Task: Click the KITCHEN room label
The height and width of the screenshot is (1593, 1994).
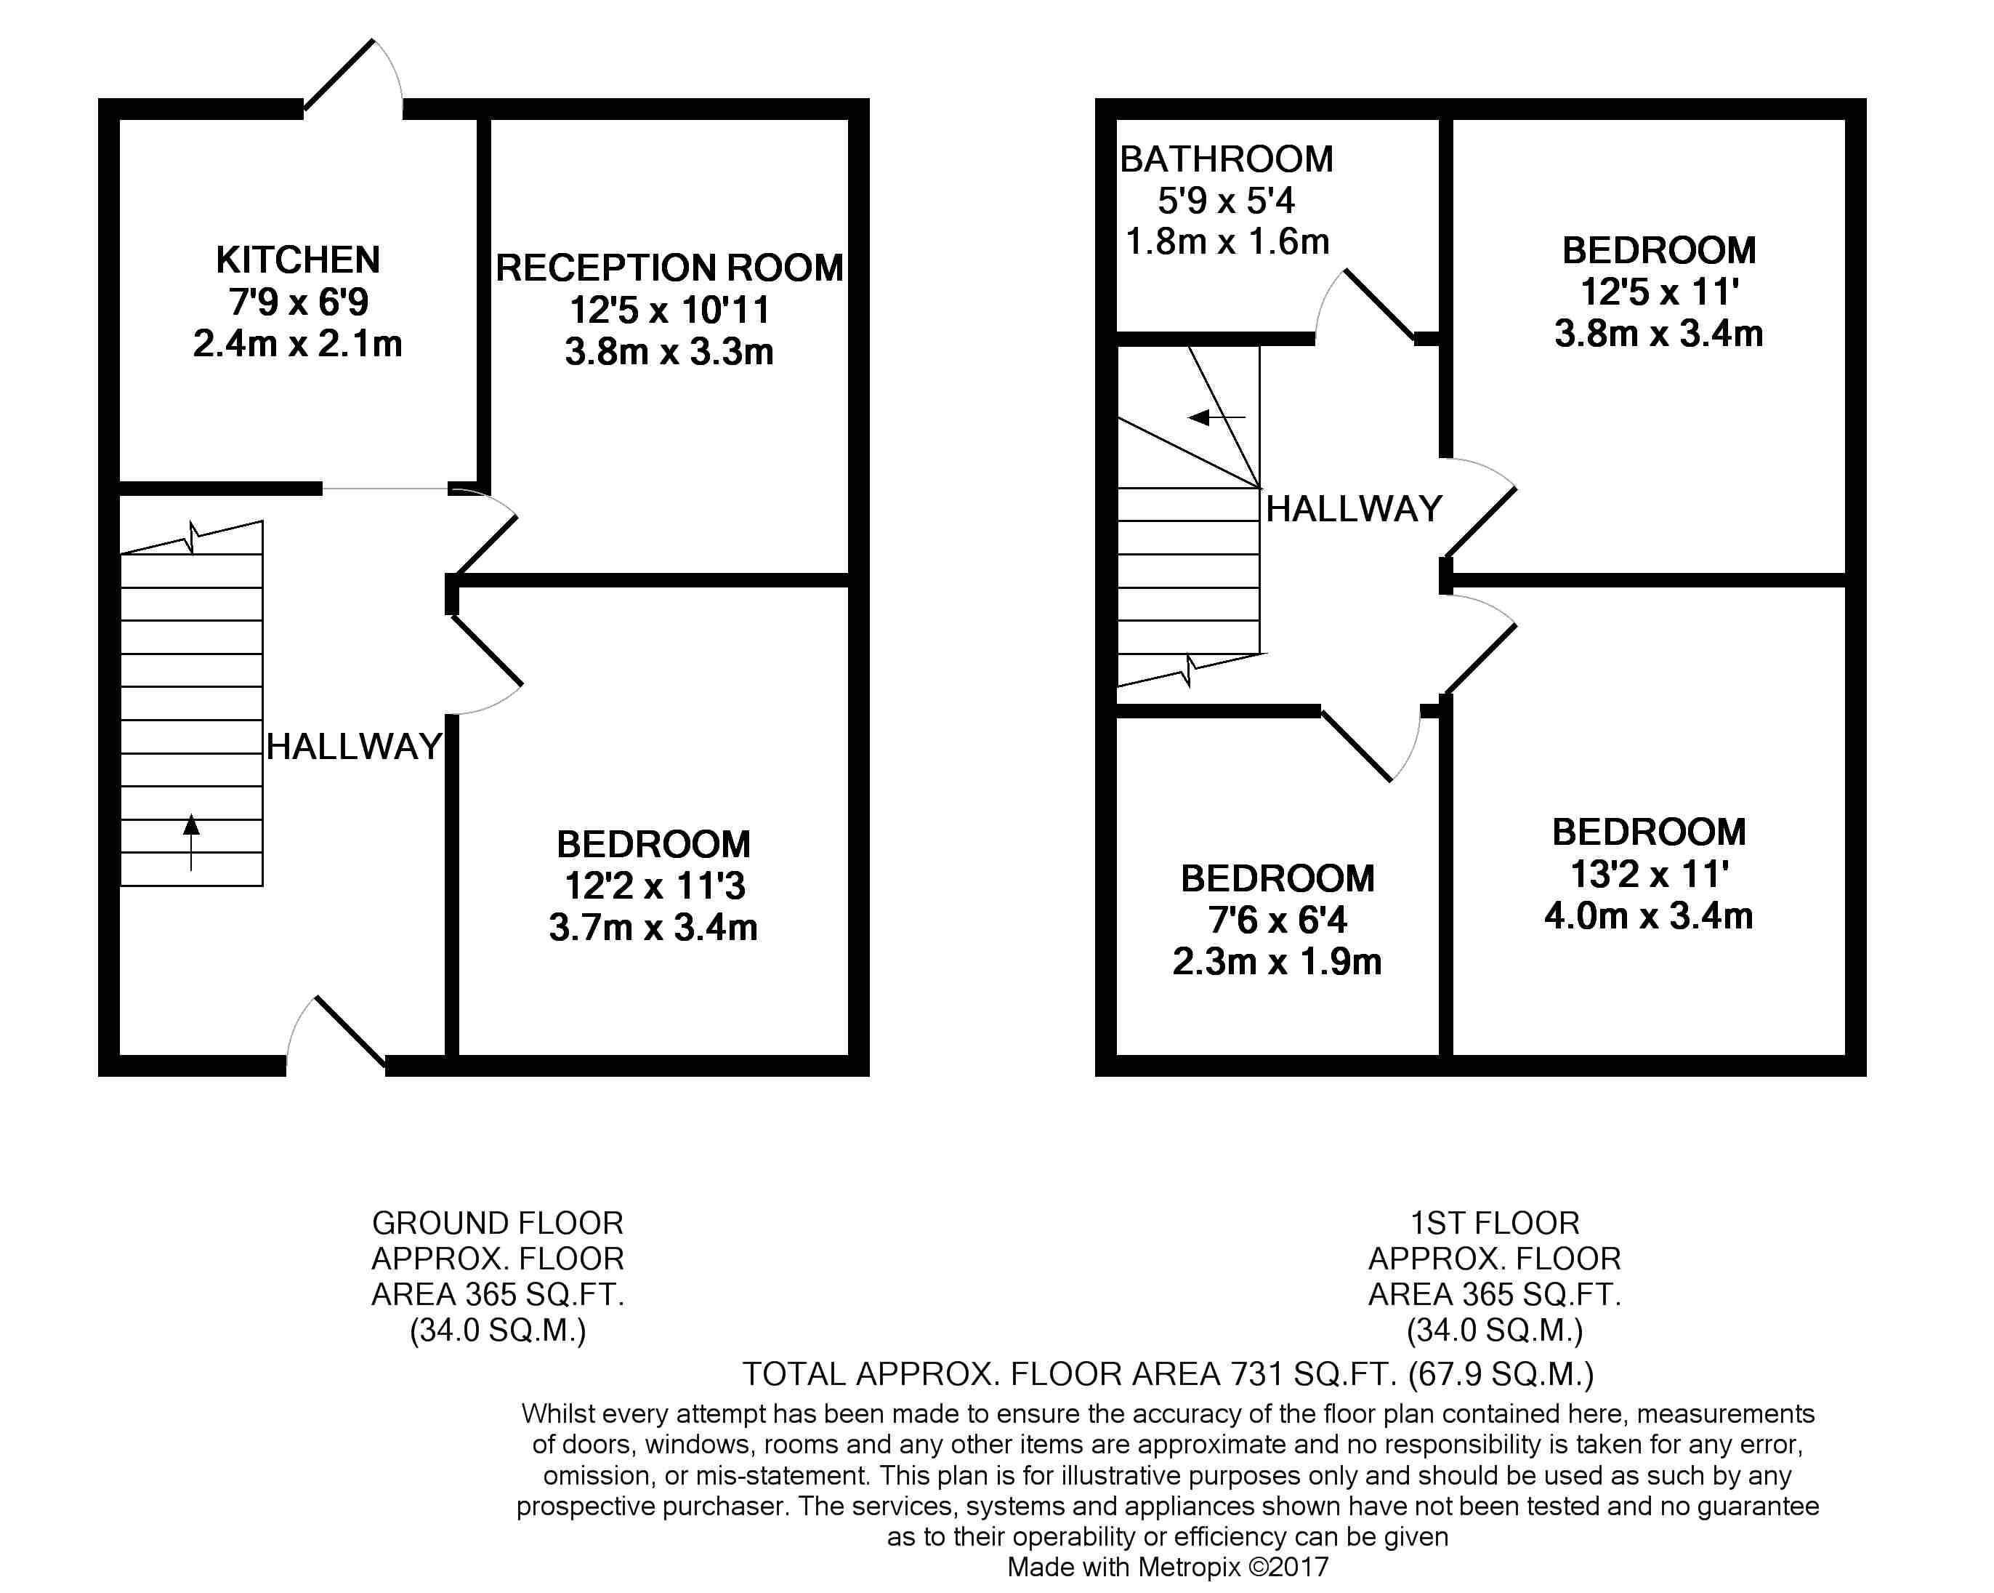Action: coord(298,260)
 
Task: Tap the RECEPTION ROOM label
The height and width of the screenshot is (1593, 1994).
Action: coord(669,268)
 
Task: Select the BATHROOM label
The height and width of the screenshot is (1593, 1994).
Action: coord(1227,159)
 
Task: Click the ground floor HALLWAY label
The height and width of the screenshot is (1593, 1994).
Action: coord(354,747)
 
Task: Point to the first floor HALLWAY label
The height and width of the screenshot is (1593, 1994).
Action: coord(1354,509)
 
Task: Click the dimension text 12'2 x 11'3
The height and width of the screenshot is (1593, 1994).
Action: coord(654,886)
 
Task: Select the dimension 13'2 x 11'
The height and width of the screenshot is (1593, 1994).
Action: coord(1649,873)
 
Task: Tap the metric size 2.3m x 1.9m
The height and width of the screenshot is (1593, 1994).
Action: coord(1277,962)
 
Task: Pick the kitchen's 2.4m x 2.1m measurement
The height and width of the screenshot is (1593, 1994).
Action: coord(298,344)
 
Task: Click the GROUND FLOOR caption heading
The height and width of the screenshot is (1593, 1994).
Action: coord(498,1223)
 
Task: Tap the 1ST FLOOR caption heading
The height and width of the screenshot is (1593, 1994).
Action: coord(1495,1223)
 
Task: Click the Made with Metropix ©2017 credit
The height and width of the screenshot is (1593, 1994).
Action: coord(1167,1567)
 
